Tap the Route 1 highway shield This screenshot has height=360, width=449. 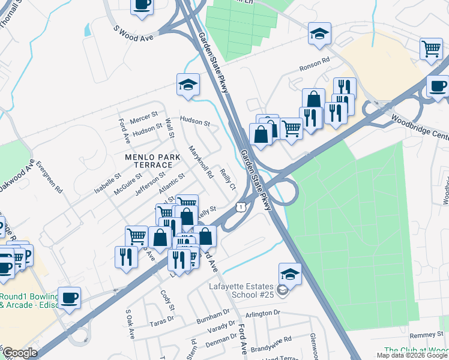pyautogui.click(x=240, y=206)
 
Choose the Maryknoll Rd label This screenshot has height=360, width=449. pyautogui.click(x=201, y=162)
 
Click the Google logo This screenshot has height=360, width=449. pyautogui.click(x=20, y=353)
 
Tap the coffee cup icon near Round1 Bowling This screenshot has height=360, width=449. pyautogui.click(x=70, y=297)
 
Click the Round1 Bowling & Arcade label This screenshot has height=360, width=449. pyautogui.click(x=27, y=301)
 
